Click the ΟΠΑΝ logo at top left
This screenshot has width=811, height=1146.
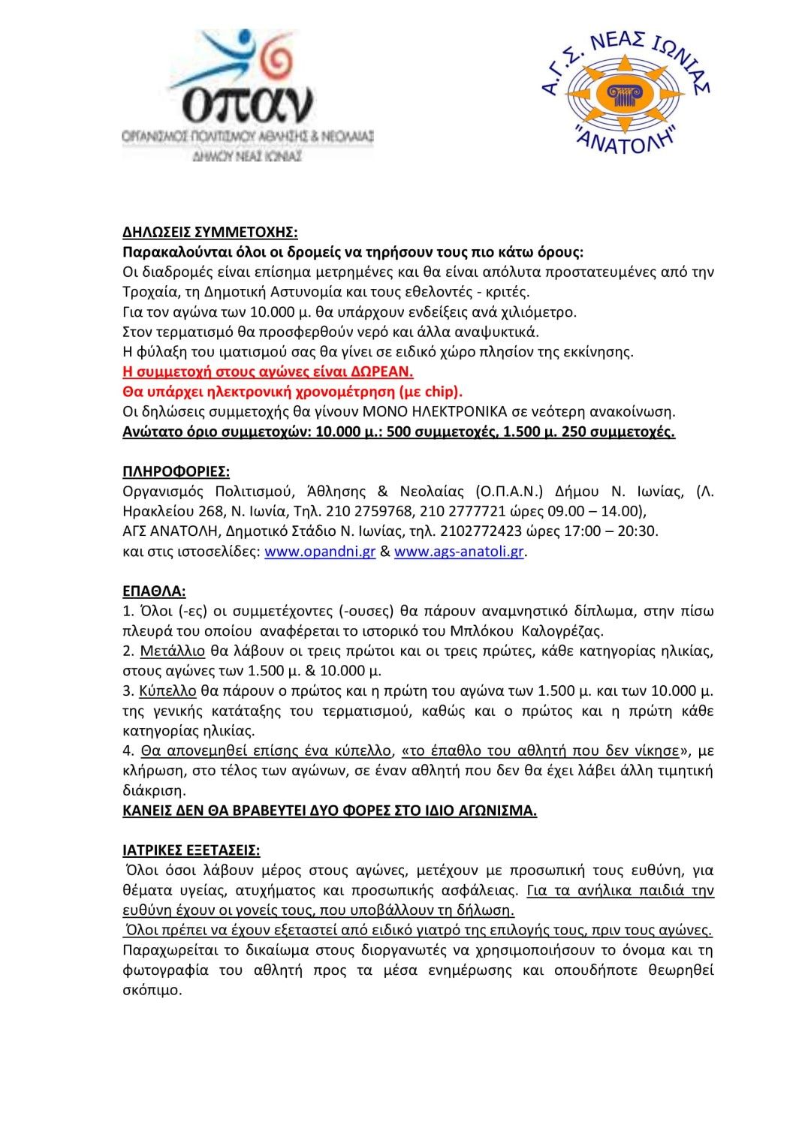click(x=248, y=94)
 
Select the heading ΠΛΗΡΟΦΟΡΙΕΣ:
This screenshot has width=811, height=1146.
click(x=176, y=471)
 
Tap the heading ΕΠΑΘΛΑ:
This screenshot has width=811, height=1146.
click(x=154, y=591)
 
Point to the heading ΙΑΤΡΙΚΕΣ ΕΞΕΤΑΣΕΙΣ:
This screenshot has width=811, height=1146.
click(x=191, y=850)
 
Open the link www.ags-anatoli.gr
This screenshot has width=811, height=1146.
click(x=459, y=552)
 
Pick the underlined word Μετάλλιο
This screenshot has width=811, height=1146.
click(x=172, y=651)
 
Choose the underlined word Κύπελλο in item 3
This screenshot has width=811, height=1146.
click(x=167, y=690)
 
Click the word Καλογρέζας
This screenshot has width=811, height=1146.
click(x=562, y=631)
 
